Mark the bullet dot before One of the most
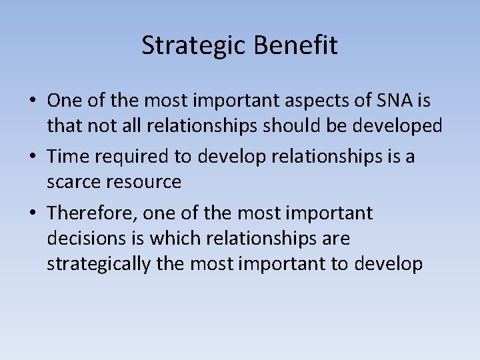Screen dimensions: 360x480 click(x=32, y=101)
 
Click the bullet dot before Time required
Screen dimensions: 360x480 click(x=32, y=157)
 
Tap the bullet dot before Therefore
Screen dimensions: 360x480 click(x=32, y=213)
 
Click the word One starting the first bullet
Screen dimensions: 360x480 click(x=63, y=101)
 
